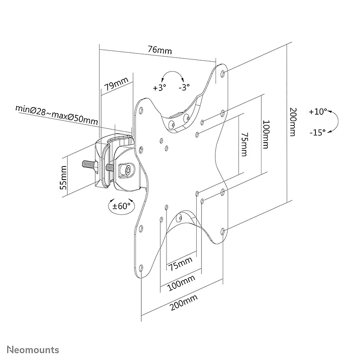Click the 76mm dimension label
click(x=160, y=50)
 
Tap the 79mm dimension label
click(x=116, y=84)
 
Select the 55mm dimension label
click(x=63, y=177)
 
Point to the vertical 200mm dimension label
click(x=293, y=122)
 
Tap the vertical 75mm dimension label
click(x=244, y=144)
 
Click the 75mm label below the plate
click(x=180, y=264)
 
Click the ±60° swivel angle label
click(x=121, y=206)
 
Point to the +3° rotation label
click(x=159, y=87)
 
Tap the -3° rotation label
click(x=184, y=87)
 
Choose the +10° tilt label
click(x=318, y=112)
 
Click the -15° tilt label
click(x=318, y=132)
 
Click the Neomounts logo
click(x=33, y=350)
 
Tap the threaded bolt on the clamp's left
click(x=90, y=164)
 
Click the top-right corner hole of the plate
click(x=222, y=74)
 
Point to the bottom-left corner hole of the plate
click(x=141, y=268)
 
